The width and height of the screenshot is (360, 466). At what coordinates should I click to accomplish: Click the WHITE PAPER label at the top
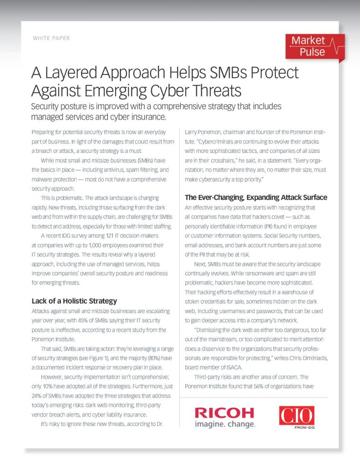[51, 38]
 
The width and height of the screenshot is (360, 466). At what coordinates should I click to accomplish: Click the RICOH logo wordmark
[224, 413]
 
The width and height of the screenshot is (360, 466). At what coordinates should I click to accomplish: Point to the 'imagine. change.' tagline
[225, 425]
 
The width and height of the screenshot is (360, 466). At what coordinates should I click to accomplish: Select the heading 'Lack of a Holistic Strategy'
[74, 301]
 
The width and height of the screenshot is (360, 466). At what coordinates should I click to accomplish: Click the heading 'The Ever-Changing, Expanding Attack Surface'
[256, 197]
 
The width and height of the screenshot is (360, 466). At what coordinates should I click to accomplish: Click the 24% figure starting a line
[38, 396]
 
